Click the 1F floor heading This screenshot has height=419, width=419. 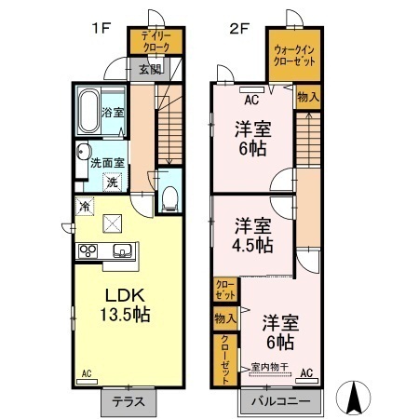click(101, 27)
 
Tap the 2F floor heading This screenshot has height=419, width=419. click(241, 27)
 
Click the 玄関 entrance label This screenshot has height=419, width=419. click(150, 69)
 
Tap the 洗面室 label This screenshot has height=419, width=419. click(108, 163)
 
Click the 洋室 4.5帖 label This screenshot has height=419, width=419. click(252, 236)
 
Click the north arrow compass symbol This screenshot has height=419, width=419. click(353, 399)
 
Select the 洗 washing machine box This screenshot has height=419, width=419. click(112, 182)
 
